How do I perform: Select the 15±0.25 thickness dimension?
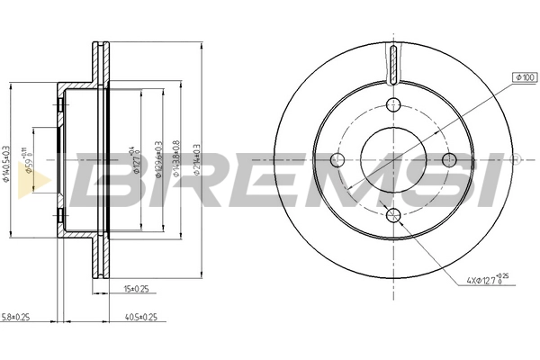pos(136,289)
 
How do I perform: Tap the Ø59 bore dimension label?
pos(30,165)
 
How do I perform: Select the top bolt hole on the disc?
pos(393,103)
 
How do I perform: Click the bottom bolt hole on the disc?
pos(393,214)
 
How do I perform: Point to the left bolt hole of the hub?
pos(337,160)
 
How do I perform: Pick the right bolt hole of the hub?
pos(450,159)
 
